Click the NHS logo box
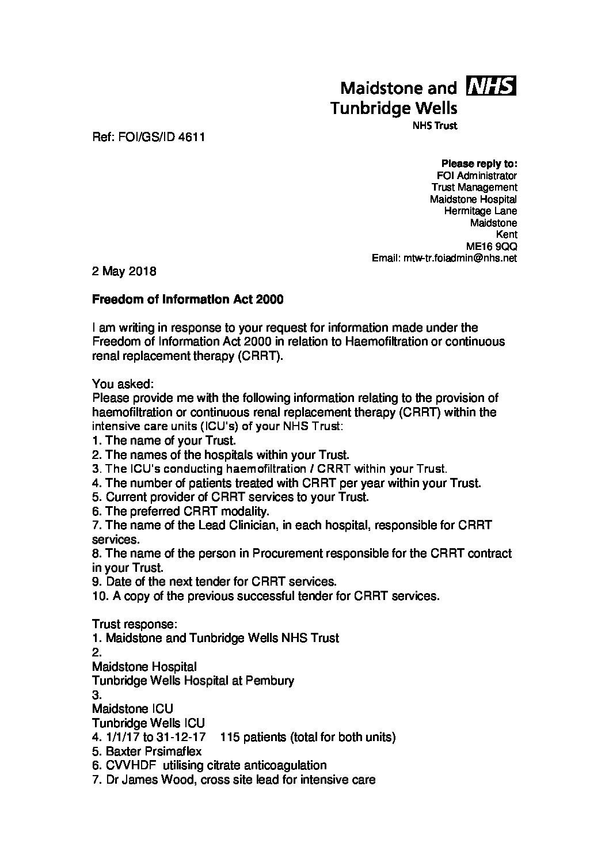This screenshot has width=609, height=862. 493,86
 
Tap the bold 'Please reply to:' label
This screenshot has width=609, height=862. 479,164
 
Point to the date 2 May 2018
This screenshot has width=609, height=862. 124,271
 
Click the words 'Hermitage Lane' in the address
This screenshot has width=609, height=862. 481,211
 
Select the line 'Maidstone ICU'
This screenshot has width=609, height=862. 132,708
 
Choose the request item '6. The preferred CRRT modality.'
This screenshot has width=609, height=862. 181,511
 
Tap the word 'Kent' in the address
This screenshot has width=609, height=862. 507,234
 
